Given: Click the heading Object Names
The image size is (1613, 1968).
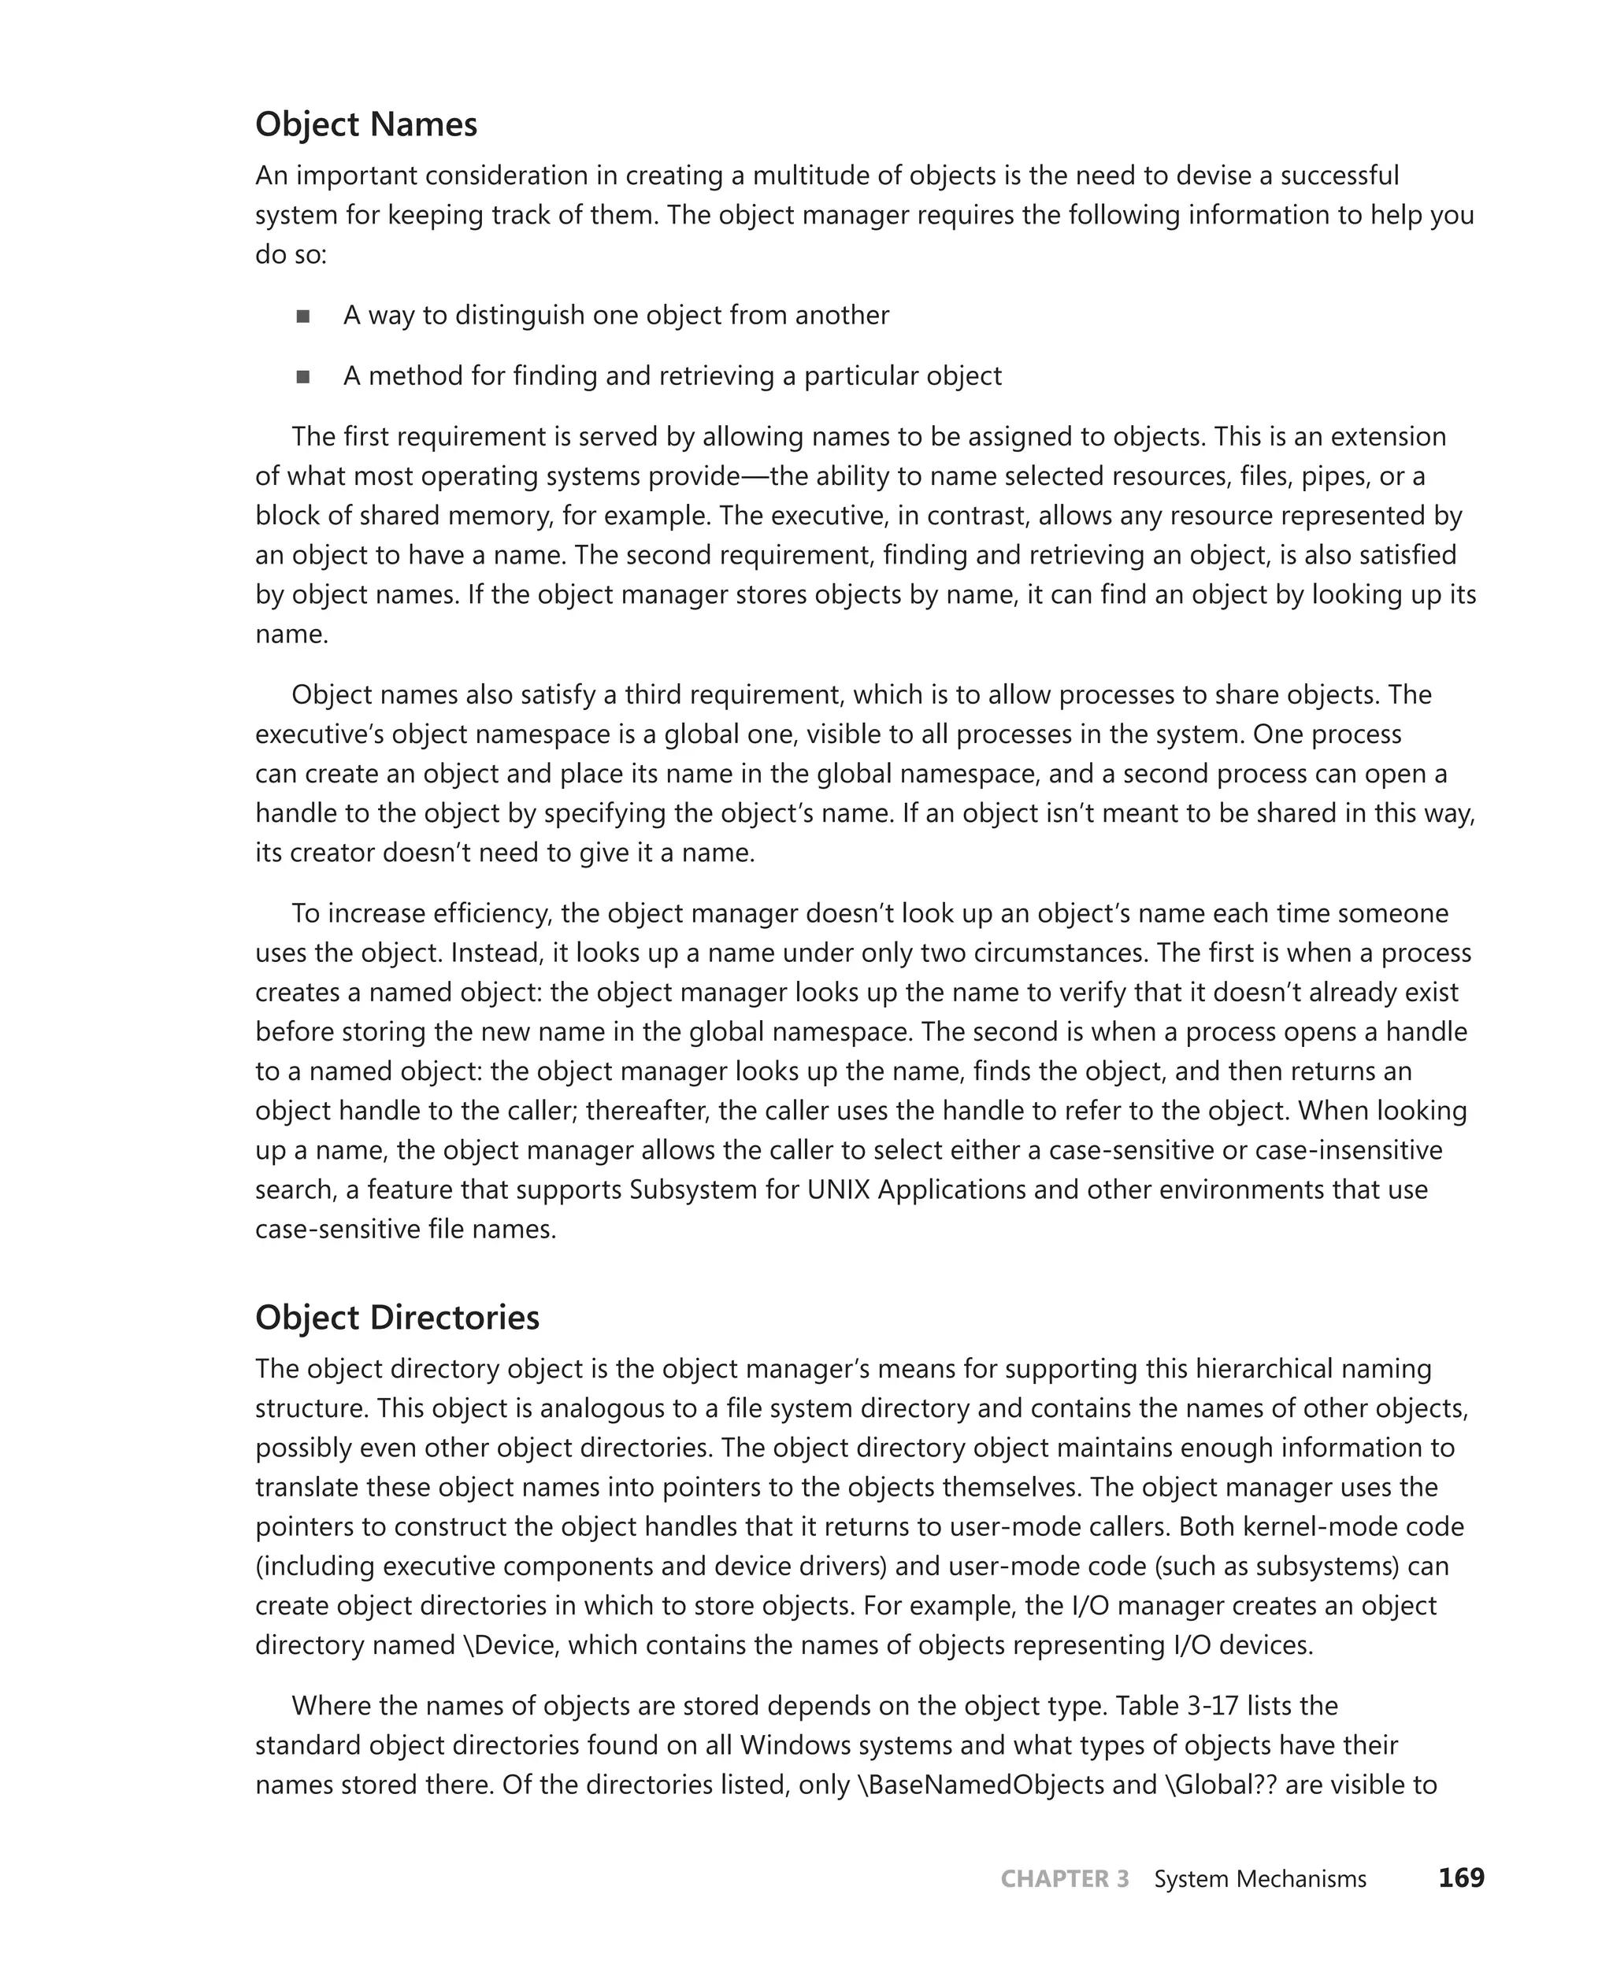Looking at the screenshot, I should (366, 124).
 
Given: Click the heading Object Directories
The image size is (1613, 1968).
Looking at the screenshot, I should (397, 1317).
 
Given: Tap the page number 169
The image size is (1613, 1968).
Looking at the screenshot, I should (1461, 1877).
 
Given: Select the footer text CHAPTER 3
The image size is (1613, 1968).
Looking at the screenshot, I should (1064, 1879).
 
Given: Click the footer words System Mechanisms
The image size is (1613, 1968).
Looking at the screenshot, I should (1259, 1879).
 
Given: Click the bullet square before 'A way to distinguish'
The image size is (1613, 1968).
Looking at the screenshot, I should (303, 316).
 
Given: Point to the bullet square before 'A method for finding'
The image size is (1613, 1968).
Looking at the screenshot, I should (303, 377).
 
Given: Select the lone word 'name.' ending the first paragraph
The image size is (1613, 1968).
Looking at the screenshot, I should (291, 634).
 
